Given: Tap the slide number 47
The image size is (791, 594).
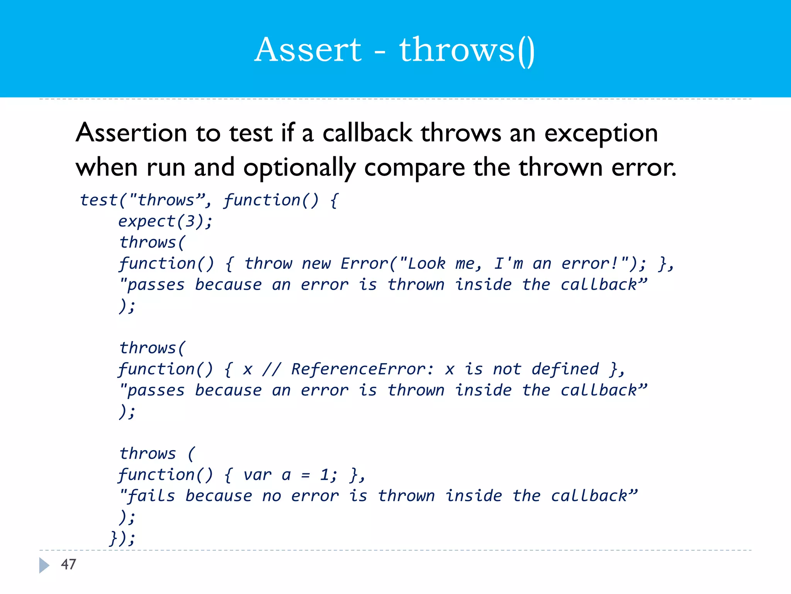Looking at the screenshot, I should coord(68,564).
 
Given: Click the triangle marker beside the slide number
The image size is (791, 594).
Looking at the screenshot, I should coord(44,565).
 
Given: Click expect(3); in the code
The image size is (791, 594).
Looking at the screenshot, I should coord(165,222).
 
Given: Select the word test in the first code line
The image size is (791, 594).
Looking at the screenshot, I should coord(98,200).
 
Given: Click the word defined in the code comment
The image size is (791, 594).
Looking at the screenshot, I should coord(565,369).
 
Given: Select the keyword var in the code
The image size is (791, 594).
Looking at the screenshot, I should coord(257,475).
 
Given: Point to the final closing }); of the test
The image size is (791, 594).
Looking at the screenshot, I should coord(122,538).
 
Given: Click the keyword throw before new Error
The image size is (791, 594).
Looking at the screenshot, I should coord(268,264).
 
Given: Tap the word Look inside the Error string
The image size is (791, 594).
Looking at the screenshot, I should coord(426,264).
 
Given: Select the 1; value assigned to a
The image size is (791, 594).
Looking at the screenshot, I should coord(329,475).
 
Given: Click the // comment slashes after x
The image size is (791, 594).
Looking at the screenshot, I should coord(272,369).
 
